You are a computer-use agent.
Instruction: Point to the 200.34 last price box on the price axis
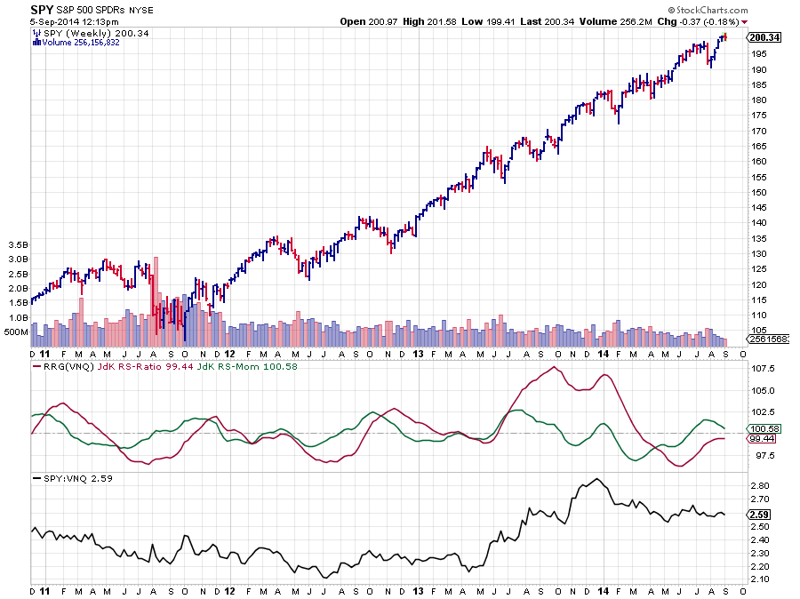pos(764,37)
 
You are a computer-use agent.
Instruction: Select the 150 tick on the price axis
pos(757,192)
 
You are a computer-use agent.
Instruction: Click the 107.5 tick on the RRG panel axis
pos(762,368)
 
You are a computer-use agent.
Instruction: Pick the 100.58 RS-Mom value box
pos(763,428)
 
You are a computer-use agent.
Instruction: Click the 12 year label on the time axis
pos(228,590)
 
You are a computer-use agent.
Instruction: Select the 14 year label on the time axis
pos(604,590)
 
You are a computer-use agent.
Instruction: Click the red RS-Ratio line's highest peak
pos(556,367)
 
